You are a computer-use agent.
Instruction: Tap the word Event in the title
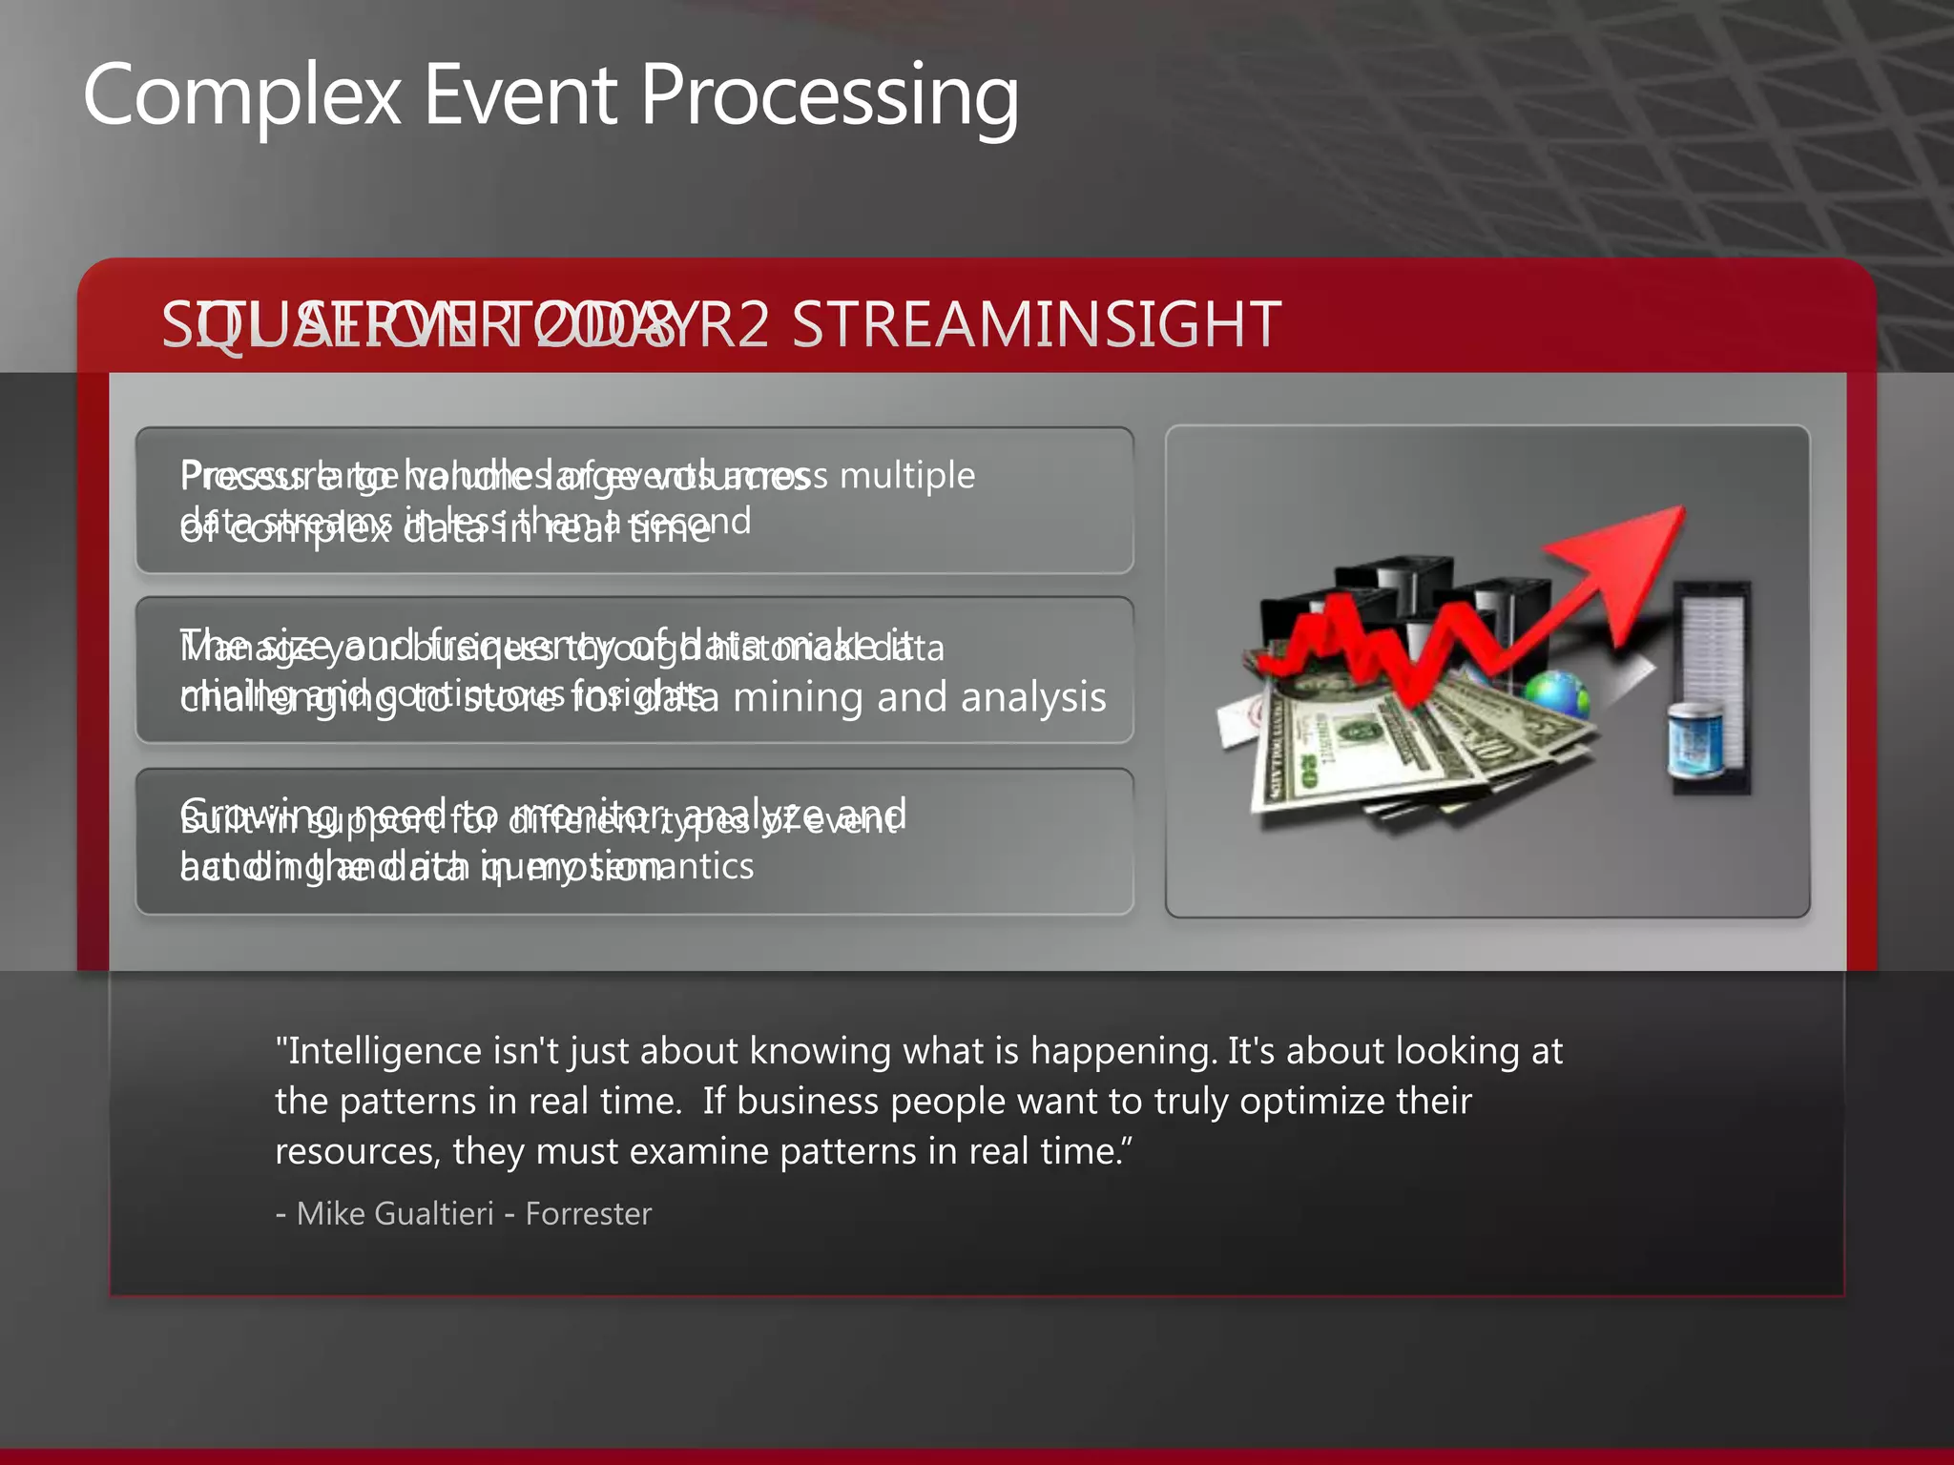click(520, 95)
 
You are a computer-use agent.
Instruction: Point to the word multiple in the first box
click(906, 475)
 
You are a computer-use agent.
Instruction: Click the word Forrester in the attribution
click(588, 1214)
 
